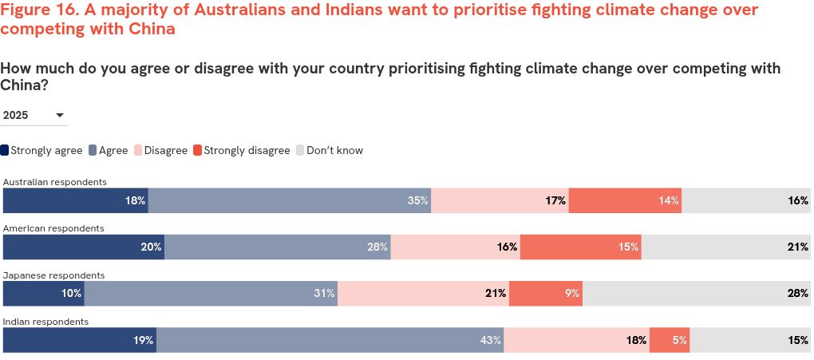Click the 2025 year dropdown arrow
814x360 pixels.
pyautogui.click(x=59, y=116)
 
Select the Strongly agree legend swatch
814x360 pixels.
pyautogui.click(x=5, y=150)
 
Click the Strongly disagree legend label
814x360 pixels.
pyautogui.click(x=247, y=150)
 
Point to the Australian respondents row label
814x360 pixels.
pyautogui.click(x=55, y=182)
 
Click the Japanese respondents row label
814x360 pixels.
pyautogui.click(x=53, y=275)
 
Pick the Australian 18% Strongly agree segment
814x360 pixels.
pyautogui.click(x=76, y=200)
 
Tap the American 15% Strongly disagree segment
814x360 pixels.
pyautogui.click(x=580, y=247)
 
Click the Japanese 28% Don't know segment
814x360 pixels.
pyautogui.click(x=697, y=294)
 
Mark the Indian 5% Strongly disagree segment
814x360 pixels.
pyautogui.click(x=669, y=340)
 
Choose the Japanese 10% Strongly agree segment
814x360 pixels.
pyautogui.click(x=44, y=294)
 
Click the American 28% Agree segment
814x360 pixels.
pyautogui.click(x=277, y=247)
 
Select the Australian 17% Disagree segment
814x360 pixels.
pyautogui.click(x=500, y=200)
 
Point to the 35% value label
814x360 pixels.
pyautogui.click(x=418, y=201)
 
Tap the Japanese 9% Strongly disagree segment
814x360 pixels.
pyautogui.click(x=546, y=294)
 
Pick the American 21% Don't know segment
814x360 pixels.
pyautogui.click(x=726, y=247)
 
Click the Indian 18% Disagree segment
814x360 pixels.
pyautogui.click(x=576, y=340)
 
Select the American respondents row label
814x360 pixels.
pyautogui.click(x=53, y=228)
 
